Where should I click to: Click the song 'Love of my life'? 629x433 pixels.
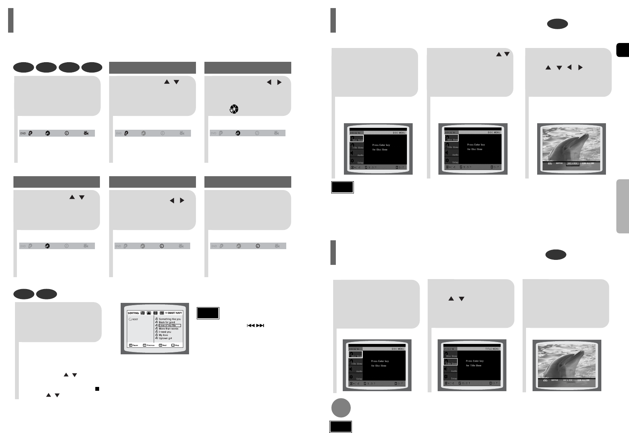tap(168, 326)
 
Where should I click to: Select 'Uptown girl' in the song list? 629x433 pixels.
tap(165, 338)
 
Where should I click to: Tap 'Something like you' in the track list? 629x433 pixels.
tap(169, 319)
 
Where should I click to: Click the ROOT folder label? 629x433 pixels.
tap(135, 319)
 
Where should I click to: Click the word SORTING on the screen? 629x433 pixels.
tap(133, 313)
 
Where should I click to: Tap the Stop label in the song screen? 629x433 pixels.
tap(177, 345)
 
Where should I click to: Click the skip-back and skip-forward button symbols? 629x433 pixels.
tap(256, 326)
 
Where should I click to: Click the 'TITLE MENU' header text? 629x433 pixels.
tap(492, 349)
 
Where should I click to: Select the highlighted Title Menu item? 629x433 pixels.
tap(451, 362)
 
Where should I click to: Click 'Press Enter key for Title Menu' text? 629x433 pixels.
tap(475, 363)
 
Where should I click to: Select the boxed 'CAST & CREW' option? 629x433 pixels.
tap(573, 164)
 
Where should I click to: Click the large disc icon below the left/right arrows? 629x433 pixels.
tap(234, 109)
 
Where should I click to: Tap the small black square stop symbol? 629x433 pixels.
tap(97, 388)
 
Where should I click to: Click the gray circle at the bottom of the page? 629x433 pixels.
tap(341, 408)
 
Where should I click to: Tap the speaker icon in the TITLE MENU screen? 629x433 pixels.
tap(447, 369)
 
